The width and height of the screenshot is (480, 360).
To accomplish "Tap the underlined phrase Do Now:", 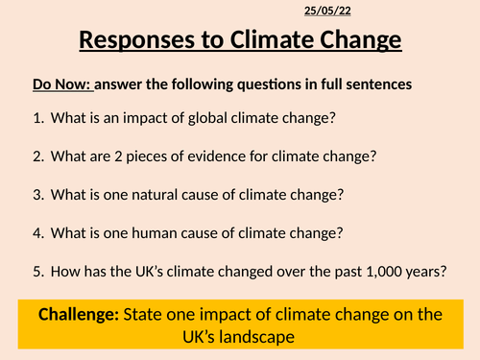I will click(61, 84).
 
